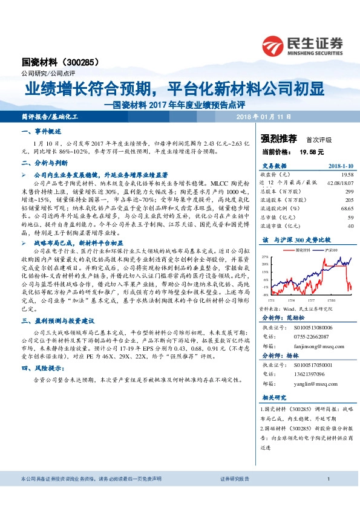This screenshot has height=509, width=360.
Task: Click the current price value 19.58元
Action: [312, 152]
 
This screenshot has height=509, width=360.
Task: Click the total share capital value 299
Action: [349, 190]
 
